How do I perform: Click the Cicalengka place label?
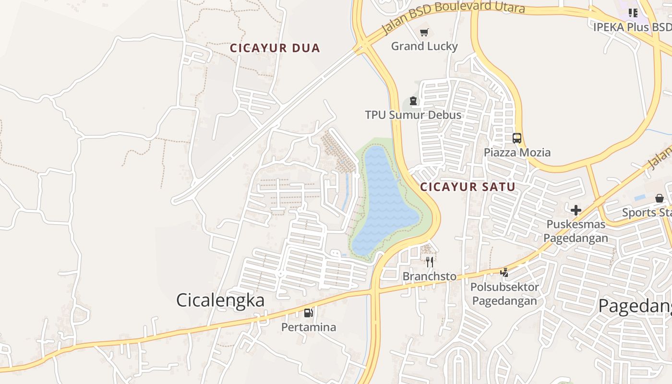(220, 300)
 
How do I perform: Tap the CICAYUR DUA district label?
(275, 48)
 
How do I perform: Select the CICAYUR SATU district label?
(468, 187)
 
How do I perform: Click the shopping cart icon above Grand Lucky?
(424, 33)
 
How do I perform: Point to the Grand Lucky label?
(424, 47)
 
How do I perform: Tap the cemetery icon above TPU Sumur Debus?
(413, 101)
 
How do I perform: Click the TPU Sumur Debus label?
(413, 115)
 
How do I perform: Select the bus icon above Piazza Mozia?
(517, 138)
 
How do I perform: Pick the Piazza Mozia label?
(517, 153)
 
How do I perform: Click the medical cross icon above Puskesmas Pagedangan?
(576, 210)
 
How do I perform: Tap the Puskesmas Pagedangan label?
(576, 231)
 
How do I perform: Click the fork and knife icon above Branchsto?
(430, 262)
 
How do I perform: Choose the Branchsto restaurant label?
(430, 276)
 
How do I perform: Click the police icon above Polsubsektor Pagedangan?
(504, 273)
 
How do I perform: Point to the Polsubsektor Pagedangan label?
(504, 294)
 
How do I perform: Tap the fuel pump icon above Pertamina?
(308, 313)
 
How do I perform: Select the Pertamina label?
(309, 327)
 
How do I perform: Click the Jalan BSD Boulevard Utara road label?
(453, 16)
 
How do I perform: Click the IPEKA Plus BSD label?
(632, 27)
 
